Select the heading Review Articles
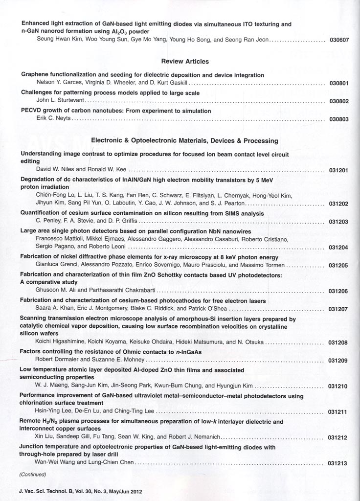click(x=185, y=62)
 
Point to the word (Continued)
click(x=33, y=474)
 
